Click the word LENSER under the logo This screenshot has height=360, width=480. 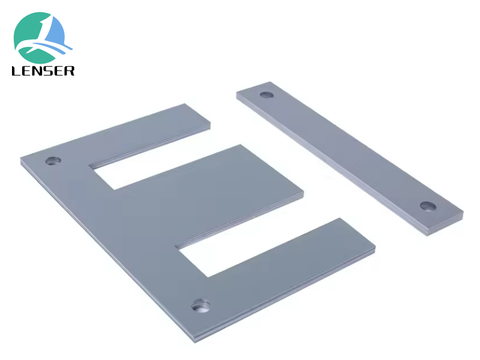point(43,71)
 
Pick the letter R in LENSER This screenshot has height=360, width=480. point(70,71)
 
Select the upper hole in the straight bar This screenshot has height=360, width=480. point(266,95)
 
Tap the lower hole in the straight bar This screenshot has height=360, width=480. point(428,206)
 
